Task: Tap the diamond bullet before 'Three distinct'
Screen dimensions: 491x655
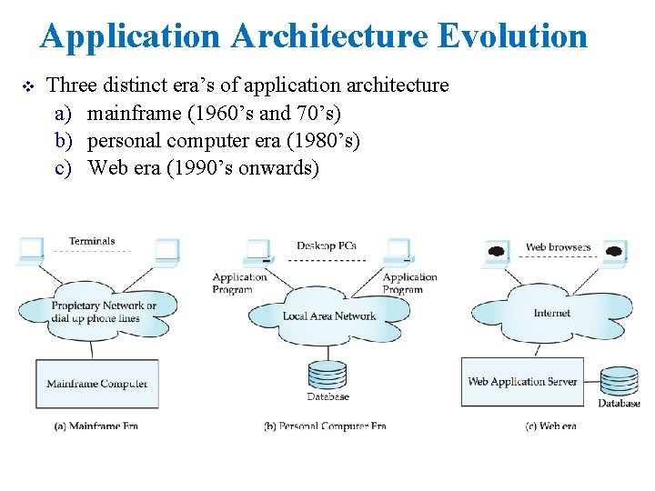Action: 25,86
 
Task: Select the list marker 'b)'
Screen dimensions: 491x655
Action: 63,141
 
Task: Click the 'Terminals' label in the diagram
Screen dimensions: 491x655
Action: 92,241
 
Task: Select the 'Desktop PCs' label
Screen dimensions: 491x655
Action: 327,245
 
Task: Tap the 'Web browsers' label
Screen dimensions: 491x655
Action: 558,246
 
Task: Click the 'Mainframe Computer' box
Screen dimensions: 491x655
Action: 97,383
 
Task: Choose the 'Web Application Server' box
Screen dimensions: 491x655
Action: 522,382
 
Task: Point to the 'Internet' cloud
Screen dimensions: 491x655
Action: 552,312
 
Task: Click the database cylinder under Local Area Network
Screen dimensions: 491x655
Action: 327,375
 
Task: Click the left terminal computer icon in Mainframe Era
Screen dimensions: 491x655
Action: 30,249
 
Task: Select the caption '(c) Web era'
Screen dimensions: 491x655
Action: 550,426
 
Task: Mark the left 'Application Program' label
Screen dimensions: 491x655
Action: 239,283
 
